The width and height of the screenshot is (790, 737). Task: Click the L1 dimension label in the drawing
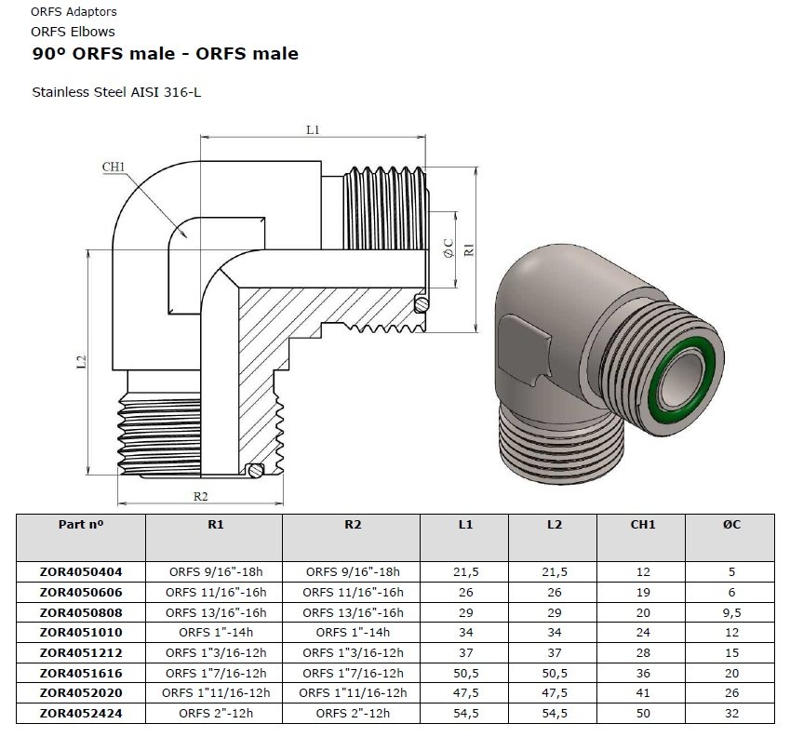(313, 130)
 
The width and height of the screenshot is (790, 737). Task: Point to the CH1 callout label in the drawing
(114, 167)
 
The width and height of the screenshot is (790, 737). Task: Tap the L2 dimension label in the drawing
(81, 360)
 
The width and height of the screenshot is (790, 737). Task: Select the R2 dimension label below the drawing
(200, 496)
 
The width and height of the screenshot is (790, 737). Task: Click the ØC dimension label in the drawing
(448, 248)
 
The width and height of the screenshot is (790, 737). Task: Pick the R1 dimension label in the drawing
(470, 248)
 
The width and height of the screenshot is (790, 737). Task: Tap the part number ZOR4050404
(82, 571)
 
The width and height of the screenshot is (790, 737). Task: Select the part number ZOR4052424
(82, 714)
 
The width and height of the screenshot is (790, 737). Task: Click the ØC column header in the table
(731, 525)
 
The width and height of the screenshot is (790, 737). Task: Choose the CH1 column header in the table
(642, 525)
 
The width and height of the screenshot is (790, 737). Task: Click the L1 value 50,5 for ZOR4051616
(465, 673)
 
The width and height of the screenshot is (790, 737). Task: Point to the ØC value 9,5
(731, 612)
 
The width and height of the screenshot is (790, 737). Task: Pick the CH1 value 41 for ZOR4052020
(642, 693)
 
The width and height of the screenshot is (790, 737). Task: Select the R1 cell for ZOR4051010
(216, 633)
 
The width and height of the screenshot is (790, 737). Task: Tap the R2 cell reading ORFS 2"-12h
(352, 714)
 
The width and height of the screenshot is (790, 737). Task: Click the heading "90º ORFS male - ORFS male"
(166, 54)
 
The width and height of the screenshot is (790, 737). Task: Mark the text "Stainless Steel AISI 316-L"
(116, 93)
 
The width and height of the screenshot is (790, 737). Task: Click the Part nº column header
(82, 525)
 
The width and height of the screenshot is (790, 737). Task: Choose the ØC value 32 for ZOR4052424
(731, 714)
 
